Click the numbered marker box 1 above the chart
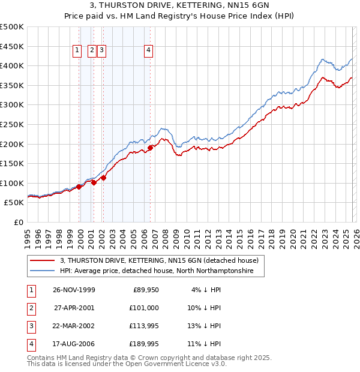(x=78, y=52)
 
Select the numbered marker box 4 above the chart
(x=148, y=52)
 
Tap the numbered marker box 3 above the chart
(x=102, y=52)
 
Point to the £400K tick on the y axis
(x=12, y=65)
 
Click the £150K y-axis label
(x=12, y=163)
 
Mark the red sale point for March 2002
(x=104, y=178)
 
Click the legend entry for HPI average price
(x=157, y=271)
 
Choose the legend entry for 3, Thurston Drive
(x=159, y=260)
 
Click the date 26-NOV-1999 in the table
(x=74, y=290)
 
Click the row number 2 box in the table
(x=31, y=308)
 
